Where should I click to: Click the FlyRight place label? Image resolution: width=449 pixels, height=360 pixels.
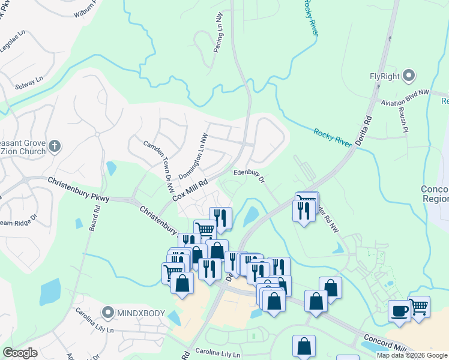tap(385, 76)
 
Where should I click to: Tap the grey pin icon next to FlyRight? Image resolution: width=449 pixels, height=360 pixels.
tap(409, 76)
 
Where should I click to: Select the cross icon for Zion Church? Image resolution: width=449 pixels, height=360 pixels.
tap(55, 145)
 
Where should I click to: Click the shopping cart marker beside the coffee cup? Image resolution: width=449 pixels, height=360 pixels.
tap(419, 307)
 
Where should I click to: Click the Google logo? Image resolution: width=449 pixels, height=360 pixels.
tap(20, 353)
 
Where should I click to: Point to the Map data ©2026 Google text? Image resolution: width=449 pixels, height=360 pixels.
tap(412, 355)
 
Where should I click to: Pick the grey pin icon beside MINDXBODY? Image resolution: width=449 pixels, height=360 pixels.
tap(108, 313)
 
